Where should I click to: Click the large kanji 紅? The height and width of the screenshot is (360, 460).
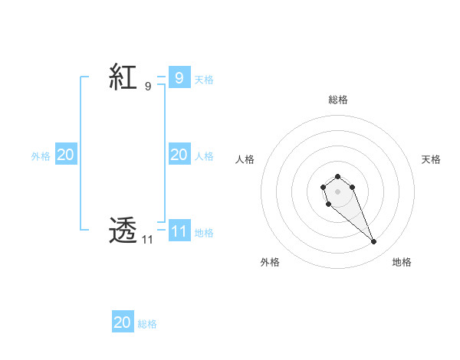(123, 77)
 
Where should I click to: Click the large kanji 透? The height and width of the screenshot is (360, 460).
(123, 230)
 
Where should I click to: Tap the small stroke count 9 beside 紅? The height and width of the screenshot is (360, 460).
(147, 87)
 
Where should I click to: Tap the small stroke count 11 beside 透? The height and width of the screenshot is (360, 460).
(147, 240)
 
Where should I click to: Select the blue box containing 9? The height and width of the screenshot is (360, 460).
(179, 77)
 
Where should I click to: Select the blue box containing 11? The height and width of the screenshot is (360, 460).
(179, 231)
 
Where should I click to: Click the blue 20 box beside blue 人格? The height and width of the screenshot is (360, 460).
(179, 155)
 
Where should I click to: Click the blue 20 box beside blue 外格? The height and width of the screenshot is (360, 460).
(65, 155)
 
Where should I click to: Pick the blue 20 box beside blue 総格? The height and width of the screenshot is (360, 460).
(123, 322)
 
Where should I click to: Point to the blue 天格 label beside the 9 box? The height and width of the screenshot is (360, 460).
(204, 79)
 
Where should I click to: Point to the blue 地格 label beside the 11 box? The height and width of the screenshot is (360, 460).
(204, 233)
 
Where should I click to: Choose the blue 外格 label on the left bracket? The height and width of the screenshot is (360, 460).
(41, 156)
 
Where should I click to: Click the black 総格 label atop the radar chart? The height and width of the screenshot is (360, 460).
(338, 100)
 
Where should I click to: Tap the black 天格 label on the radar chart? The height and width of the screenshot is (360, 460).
(431, 159)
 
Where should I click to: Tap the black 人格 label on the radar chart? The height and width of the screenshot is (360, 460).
(245, 159)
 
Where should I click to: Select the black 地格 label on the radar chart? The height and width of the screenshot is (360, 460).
(402, 262)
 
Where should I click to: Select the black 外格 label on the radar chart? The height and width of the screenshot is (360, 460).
(270, 262)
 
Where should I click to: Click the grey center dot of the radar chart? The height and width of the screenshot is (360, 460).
(338, 191)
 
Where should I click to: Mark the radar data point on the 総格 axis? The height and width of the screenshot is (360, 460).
(338, 176)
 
